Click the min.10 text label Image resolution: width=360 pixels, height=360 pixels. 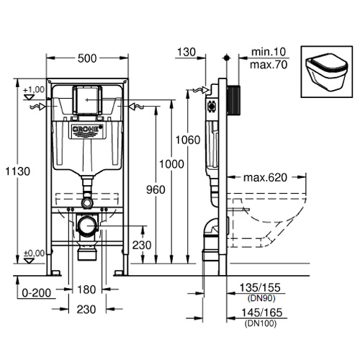[269, 52]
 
